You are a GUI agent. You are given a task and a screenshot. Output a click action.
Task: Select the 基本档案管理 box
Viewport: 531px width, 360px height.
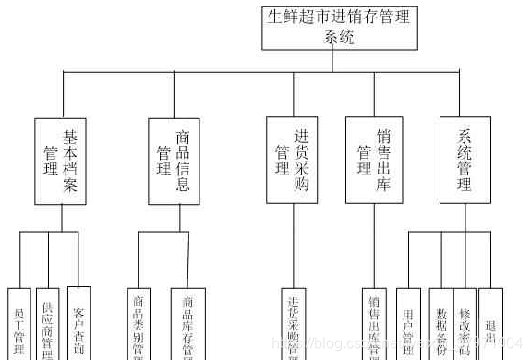click(x=62, y=160)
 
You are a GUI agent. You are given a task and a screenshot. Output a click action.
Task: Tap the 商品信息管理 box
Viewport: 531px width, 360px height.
click(x=174, y=160)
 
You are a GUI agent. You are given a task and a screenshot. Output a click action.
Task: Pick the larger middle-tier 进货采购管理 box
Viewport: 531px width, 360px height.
click(x=293, y=159)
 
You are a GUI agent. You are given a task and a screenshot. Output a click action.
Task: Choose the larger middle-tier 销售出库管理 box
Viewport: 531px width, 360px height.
click(x=374, y=159)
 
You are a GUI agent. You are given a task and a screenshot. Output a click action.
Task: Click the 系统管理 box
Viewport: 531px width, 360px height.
click(x=465, y=159)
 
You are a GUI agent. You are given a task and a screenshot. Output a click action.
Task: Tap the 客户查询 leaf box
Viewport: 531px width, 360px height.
click(x=78, y=323)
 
